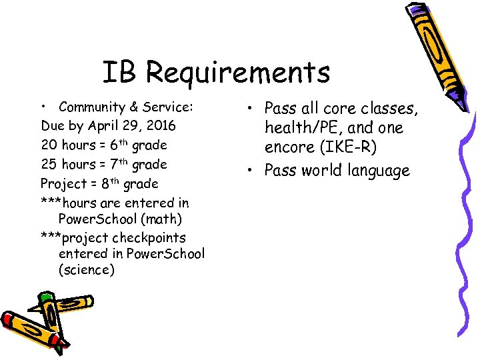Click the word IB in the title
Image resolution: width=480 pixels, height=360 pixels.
(x=118, y=72)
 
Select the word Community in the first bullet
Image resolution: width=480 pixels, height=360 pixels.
(x=88, y=107)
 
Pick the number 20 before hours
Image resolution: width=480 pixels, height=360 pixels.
(x=49, y=145)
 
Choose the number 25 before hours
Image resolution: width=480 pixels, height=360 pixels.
(x=49, y=164)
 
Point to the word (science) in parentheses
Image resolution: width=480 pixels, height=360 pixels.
(x=87, y=270)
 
